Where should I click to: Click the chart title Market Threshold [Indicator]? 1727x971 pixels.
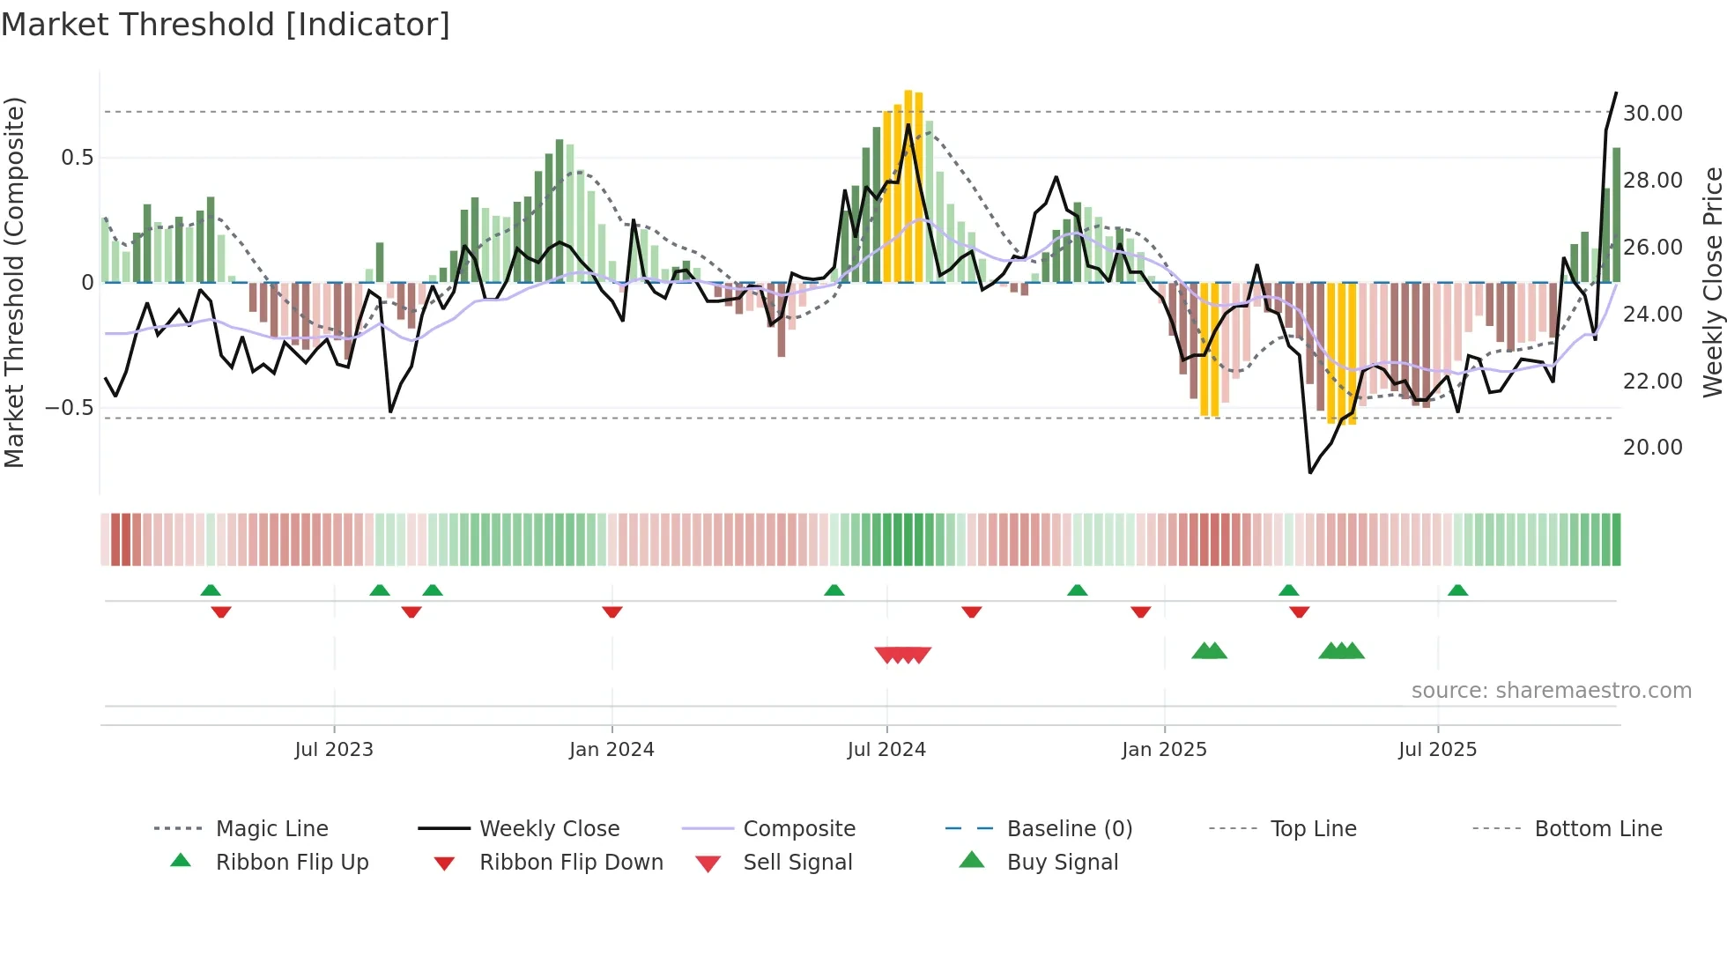point(226,25)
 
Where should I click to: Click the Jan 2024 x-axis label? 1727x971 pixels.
point(611,750)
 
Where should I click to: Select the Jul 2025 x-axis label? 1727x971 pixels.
point(1437,750)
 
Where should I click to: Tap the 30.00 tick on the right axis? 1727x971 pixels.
point(1652,114)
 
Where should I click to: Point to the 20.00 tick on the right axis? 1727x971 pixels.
point(1652,448)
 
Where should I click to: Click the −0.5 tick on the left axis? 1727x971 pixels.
point(70,408)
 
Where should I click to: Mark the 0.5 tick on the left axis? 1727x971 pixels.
point(77,158)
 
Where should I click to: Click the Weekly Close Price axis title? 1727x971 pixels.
point(1712,282)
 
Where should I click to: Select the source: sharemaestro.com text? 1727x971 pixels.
point(1551,691)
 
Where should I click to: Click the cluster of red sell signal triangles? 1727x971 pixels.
point(903,655)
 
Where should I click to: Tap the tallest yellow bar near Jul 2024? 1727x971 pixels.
point(908,185)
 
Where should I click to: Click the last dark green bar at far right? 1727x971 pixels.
point(1617,216)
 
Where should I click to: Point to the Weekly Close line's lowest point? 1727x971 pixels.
point(1310,472)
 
